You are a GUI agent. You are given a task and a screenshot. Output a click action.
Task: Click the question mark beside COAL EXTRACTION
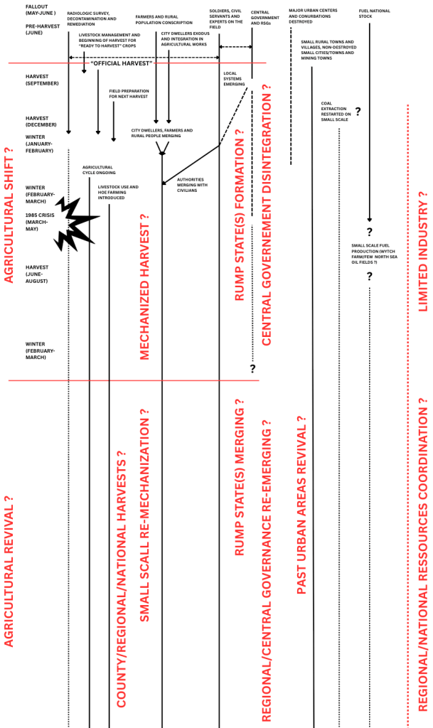pos(358,112)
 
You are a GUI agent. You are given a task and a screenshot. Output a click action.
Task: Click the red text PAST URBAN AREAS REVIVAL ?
pos(300,505)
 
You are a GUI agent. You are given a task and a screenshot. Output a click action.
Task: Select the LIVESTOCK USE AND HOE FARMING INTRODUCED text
pos(117,192)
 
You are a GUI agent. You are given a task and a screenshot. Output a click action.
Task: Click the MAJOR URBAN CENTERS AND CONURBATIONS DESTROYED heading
pos(310,16)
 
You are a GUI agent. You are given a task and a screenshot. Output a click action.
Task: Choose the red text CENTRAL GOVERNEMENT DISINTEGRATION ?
pos(266,215)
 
